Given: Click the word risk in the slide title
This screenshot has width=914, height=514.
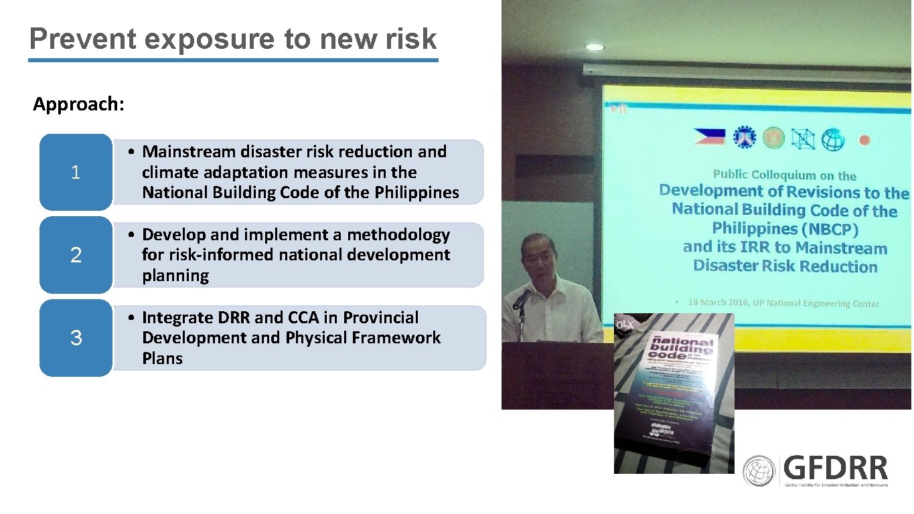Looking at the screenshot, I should (410, 39).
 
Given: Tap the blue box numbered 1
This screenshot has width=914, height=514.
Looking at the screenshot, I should (76, 173).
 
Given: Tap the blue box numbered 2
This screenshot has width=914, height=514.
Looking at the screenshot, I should (76, 255).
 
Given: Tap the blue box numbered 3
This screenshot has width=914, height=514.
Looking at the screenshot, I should (76, 338).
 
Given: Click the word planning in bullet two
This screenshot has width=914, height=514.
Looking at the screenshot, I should (175, 276).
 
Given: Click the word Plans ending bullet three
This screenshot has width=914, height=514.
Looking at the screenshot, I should (162, 359).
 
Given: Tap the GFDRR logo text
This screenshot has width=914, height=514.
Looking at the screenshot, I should (836, 468).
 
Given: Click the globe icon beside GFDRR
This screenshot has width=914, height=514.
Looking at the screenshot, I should (759, 471).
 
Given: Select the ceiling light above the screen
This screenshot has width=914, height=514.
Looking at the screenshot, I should (594, 48).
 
